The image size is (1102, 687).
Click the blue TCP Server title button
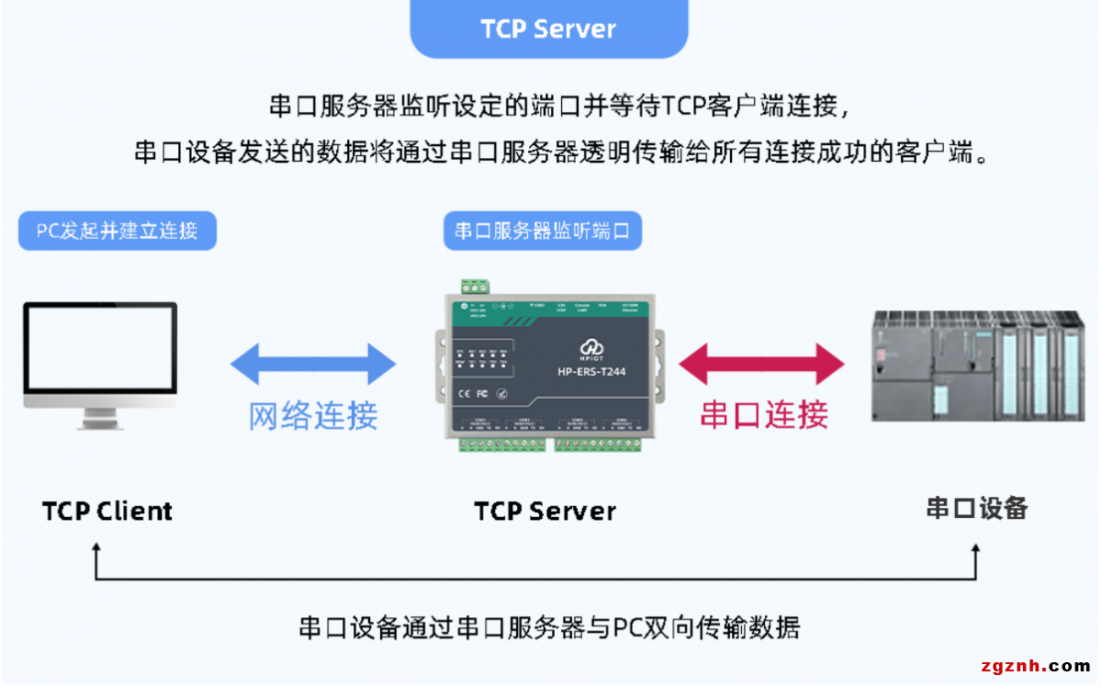tap(548, 28)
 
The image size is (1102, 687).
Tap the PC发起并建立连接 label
tap(118, 231)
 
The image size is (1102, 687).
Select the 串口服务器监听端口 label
tap(542, 231)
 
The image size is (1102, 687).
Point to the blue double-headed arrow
tap(313, 364)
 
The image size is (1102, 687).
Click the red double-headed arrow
tap(761, 364)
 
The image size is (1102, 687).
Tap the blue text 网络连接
tap(313, 416)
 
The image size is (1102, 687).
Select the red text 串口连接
tap(764, 415)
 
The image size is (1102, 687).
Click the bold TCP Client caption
tap(107, 511)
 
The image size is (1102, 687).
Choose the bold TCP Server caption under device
tap(545, 511)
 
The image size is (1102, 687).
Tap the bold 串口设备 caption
tap(977, 508)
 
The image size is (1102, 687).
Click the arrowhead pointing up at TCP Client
tap(96, 549)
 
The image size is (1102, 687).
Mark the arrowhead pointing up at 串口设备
tap(976, 549)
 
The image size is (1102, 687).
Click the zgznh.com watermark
tap(1033, 666)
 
